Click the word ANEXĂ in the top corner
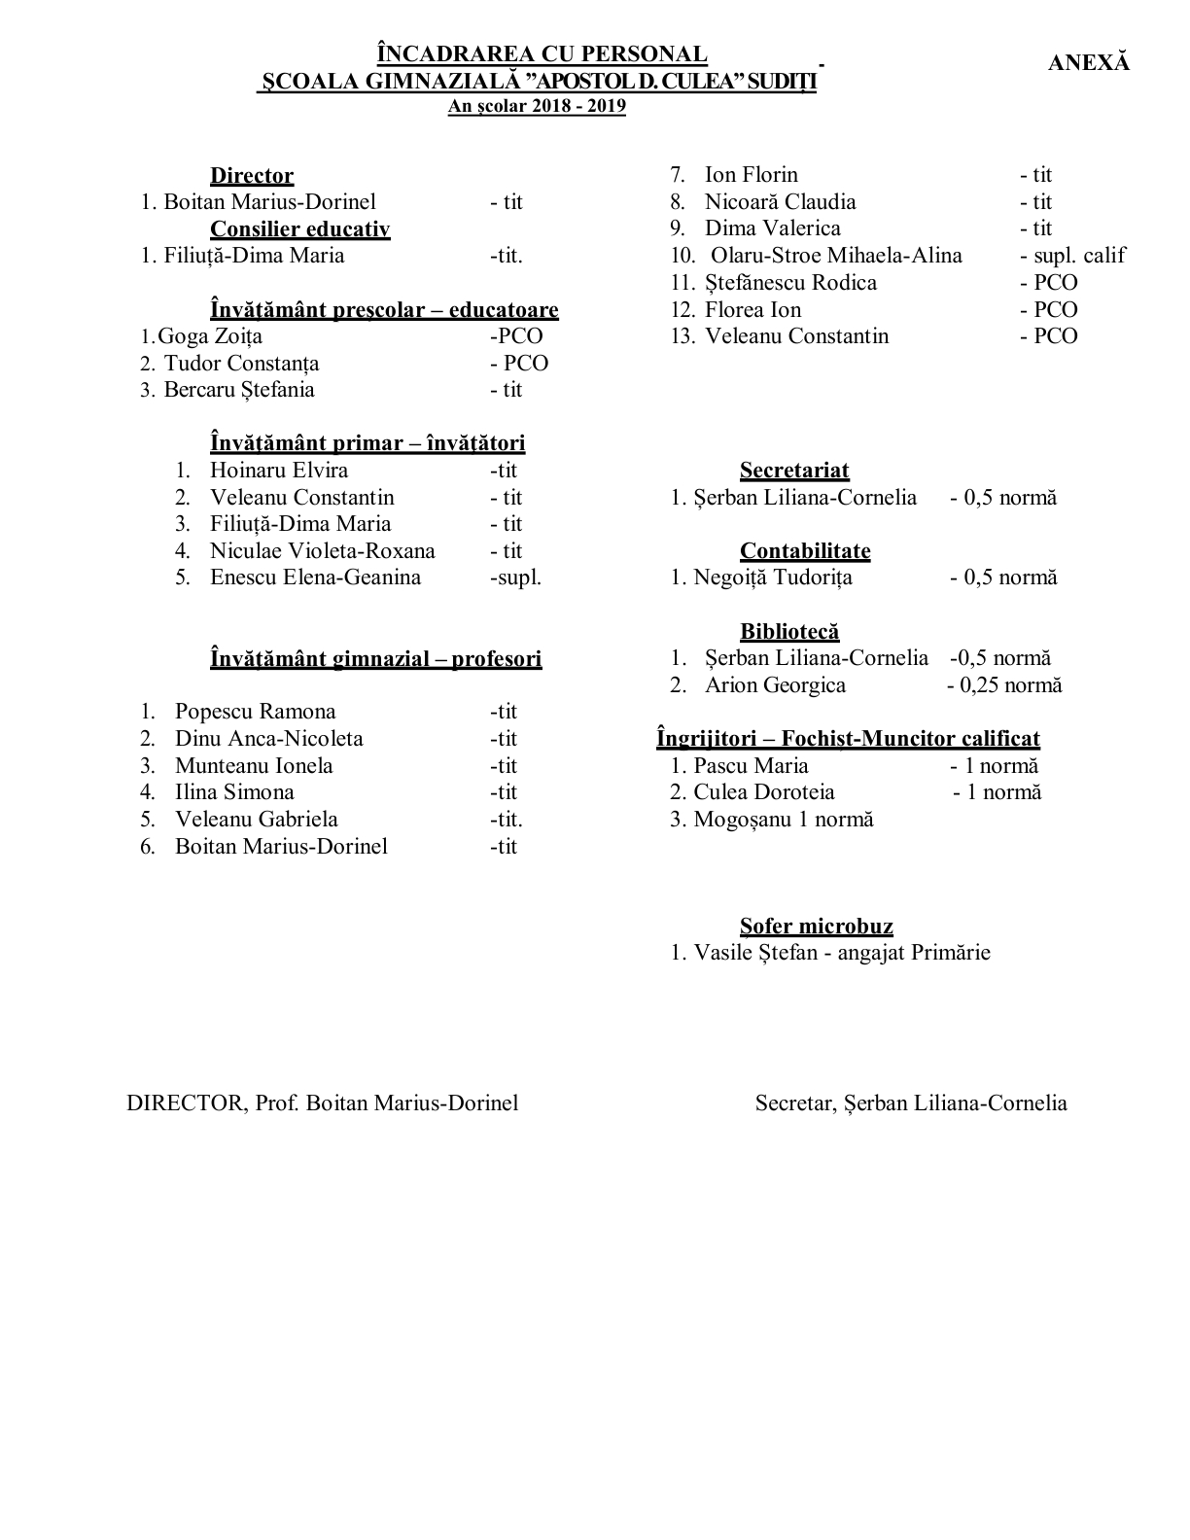tap(1089, 62)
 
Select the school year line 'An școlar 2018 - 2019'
tap(537, 106)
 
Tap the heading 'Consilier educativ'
tap(299, 229)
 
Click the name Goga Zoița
tap(210, 336)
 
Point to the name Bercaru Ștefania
tap(239, 390)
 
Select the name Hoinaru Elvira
tap(279, 471)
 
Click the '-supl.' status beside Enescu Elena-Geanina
tap(515, 577)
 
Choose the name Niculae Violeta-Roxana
tap(323, 551)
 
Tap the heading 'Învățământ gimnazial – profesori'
tap(375, 659)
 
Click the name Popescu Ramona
tap(255, 712)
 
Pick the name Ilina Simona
tap(234, 792)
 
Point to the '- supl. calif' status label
tap(1072, 256)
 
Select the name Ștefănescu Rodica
tap(790, 283)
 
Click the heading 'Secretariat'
tap(794, 471)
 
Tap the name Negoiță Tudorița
tap(773, 577)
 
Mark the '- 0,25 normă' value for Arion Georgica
tap(1004, 685)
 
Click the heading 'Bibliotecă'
tap(789, 632)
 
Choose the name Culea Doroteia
tap(764, 792)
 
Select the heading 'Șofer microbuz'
tap(816, 927)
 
